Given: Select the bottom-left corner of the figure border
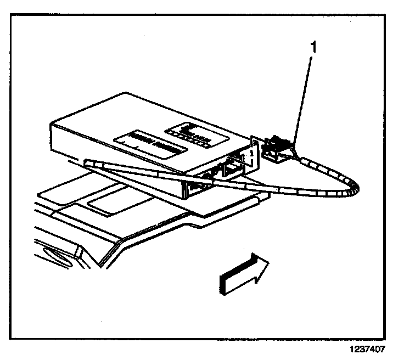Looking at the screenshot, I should click(x=14, y=338).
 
